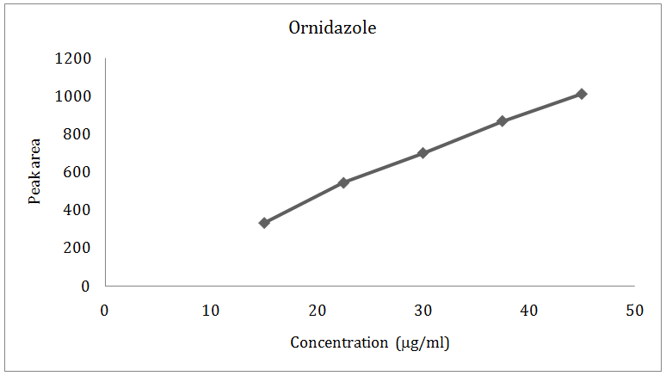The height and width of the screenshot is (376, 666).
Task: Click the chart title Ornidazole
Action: pos(332,28)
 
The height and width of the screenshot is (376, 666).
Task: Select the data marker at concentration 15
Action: pos(264,223)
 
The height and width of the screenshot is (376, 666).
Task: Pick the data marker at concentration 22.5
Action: pos(343,182)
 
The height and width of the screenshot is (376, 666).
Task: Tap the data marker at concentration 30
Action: pos(422,153)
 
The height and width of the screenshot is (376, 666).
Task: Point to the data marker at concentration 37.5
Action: pos(503,121)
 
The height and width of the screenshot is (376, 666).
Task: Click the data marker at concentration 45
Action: pos(582,94)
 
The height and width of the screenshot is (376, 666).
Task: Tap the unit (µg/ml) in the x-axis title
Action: pos(422,342)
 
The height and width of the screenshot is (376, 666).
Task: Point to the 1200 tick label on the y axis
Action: pos(73,59)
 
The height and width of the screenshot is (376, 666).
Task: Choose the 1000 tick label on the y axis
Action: pos(73,96)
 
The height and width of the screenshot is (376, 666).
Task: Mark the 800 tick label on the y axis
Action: pos(77,134)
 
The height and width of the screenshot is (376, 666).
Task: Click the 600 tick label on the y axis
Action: pos(77,172)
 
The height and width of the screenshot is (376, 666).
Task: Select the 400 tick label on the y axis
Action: pos(77,210)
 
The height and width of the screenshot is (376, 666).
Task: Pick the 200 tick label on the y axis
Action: pos(77,248)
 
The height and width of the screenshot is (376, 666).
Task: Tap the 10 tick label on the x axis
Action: pos(211,310)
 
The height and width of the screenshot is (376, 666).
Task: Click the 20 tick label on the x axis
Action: pos(317,310)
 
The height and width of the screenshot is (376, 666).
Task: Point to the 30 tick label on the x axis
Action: pos(422,310)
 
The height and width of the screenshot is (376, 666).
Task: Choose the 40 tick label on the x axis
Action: pos(528,310)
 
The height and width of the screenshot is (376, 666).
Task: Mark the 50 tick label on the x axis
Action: pos(634,310)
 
